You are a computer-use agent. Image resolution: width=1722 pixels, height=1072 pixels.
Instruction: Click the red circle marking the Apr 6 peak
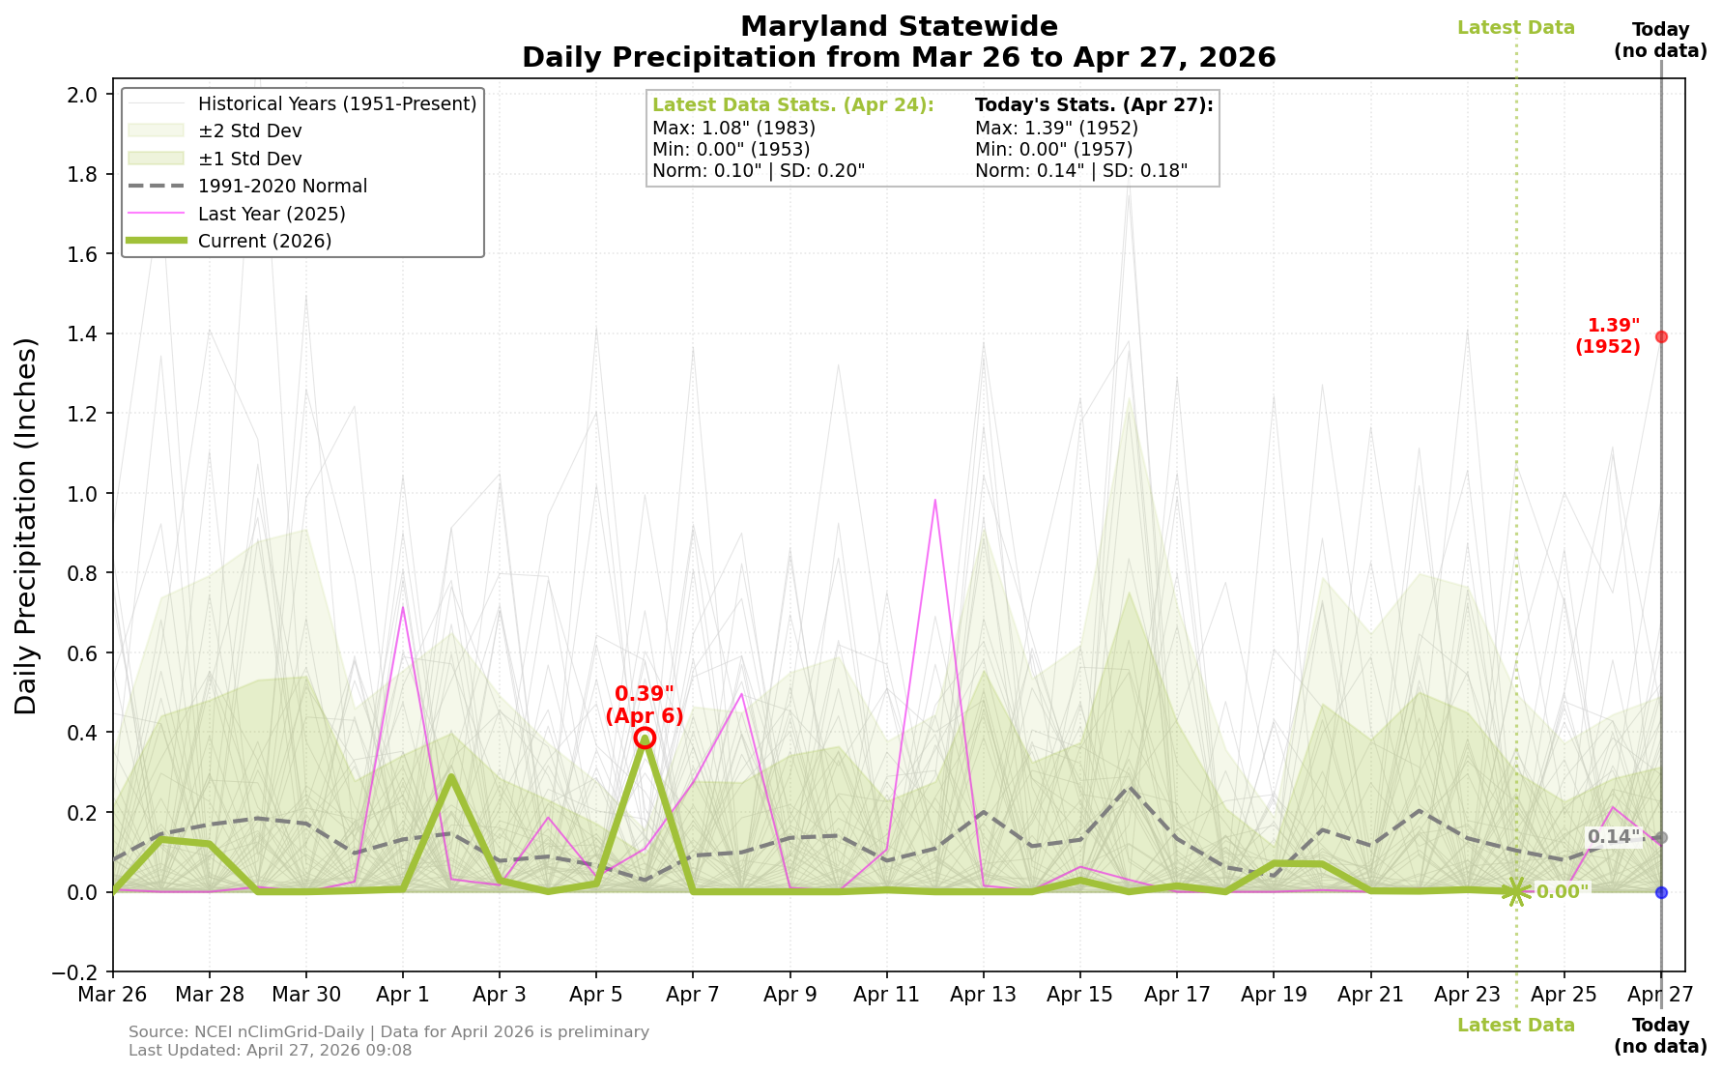point(645,738)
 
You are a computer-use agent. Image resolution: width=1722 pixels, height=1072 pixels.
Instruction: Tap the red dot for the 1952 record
point(1661,336)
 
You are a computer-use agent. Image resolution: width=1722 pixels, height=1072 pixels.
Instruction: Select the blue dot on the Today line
point(1661,892)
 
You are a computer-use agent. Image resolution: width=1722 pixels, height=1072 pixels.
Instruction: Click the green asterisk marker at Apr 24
point(1516,891)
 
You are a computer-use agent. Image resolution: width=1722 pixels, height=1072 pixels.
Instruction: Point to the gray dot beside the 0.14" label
point(1661,837)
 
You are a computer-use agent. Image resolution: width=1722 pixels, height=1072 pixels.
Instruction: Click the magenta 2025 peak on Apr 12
point(935,500)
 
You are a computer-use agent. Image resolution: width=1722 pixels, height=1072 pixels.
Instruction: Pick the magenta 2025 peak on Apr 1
point(403,607)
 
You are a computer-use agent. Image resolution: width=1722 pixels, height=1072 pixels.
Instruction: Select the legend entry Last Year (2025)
point(271,214)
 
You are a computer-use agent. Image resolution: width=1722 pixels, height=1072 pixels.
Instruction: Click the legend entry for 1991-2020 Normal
point(282,186)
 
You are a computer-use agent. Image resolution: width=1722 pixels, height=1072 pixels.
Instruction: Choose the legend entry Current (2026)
point(264,241)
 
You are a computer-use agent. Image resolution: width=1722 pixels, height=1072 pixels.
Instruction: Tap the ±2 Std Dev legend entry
point(249,130)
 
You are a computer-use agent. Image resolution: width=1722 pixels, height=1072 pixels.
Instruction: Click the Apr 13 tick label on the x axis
point(983,994)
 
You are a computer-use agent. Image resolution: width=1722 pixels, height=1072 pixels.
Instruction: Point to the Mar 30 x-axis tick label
point(305,994)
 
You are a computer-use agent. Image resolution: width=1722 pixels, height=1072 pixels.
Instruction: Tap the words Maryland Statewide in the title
point(899,26)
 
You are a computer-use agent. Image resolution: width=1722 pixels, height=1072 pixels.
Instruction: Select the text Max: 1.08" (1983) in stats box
point(733,128)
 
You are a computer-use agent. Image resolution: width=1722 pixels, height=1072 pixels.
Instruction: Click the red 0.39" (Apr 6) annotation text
point(645,705)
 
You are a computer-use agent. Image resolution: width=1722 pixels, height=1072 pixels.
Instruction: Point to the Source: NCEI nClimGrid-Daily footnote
point(387,1031)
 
